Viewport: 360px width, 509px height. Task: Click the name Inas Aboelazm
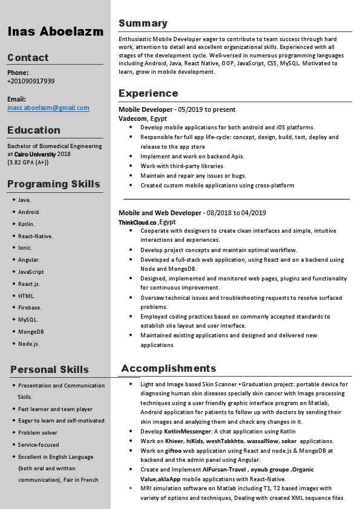(x=55, y=31)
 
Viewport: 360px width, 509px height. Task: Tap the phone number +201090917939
(x=31, y=81)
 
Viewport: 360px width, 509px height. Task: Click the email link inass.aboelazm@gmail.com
(x=48, y=108)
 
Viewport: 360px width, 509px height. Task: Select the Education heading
(x=34, y=130)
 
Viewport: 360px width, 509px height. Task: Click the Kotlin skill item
(x=26, y=224)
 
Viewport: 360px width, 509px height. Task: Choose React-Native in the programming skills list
(x=35, y=236)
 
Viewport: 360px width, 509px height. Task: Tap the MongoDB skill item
(x=31, y=332)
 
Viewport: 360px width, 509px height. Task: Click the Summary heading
(x=143, y=24)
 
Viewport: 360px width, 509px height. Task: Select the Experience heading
(x=148, y=93)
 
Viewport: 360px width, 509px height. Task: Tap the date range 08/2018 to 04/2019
(x=232, y=213)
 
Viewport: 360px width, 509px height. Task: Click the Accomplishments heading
(x=168, y=368)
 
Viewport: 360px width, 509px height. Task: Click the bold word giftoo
(x=174, y=450)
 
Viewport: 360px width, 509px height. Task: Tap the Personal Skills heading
(x=50, y=369)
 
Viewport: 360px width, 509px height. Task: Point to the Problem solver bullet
(x=38, y=433)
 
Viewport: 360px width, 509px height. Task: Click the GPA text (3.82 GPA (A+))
(x=28, y=163)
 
